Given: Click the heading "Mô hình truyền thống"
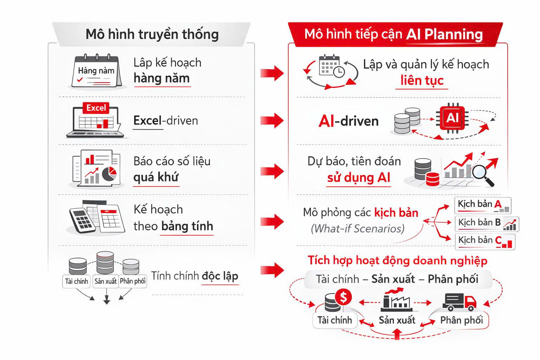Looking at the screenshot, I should tap(152, 34).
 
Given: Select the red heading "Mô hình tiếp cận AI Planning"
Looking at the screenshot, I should tap(393, 34).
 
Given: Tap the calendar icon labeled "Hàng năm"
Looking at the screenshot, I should tap(96, 71).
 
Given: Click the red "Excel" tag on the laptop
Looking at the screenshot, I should tap(96, 108).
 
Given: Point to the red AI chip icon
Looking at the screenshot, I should tap(452, 118).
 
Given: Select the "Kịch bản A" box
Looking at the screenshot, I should tap(482, 205).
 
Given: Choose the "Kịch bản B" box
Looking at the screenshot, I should tap(487, 223).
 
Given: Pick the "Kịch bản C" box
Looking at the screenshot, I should tap(485, 241).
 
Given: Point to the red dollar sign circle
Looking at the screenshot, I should tap(343, 298).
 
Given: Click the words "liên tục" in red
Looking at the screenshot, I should tap(422, 81).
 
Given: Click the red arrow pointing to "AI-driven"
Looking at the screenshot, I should tap(272, 120).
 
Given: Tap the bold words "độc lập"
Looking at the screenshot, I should tap(220, 276).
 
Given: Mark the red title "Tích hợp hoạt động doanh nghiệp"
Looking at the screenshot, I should tap(398, 261).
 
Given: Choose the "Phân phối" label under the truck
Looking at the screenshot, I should tap(461, 320).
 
